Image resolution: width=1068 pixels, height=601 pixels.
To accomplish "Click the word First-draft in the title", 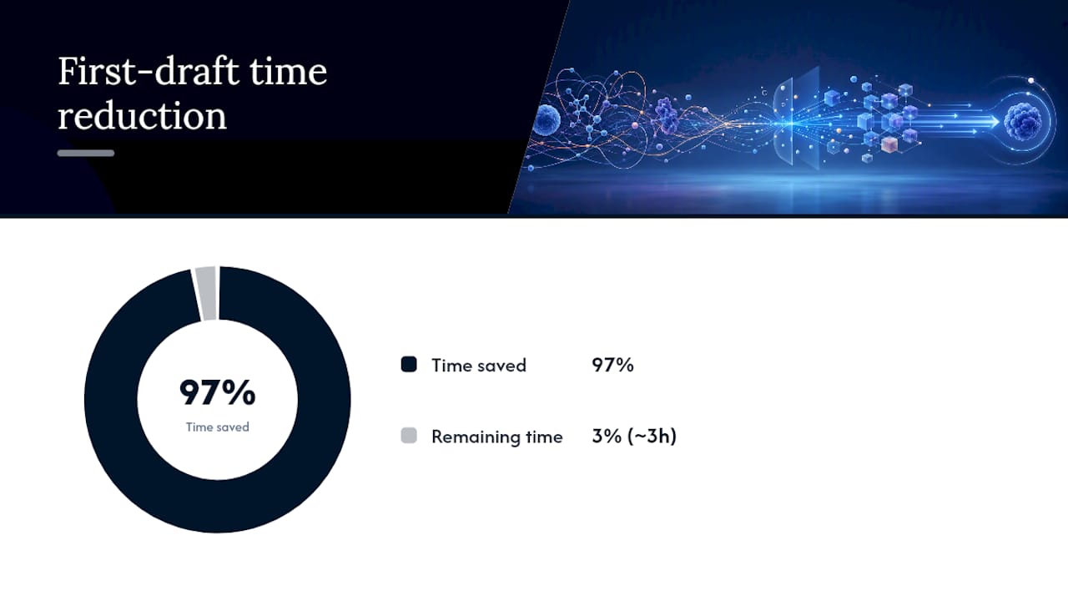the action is (149, 72).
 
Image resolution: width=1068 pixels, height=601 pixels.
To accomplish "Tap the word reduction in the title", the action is (142, 115).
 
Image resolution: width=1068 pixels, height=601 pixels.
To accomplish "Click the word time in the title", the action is (289, 72).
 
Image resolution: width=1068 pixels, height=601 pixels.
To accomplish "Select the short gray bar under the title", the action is (86, 153).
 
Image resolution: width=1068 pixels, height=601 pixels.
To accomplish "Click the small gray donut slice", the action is (206, 293).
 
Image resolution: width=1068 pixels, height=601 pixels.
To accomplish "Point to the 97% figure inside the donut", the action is (218, 392).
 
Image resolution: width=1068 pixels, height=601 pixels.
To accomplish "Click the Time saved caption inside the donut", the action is (218, 427).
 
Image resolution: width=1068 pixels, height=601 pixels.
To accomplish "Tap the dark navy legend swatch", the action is (409, 365).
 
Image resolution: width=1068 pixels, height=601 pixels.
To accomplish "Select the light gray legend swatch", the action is (409, 436).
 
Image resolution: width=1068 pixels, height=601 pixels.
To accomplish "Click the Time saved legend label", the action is (479, 366).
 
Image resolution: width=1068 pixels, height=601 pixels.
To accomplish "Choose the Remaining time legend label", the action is (496, 437).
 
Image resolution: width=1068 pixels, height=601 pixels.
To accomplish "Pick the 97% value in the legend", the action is (612, 365).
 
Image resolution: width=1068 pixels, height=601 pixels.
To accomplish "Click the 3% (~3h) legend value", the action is (634, 436).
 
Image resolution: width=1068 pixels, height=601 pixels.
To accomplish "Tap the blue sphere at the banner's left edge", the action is (547, 119).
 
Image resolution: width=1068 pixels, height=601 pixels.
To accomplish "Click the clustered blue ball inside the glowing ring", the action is (1023, 122).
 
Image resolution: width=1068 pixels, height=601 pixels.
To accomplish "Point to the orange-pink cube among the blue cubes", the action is (889, 144).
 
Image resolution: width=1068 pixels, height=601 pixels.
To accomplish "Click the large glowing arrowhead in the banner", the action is (993, 122).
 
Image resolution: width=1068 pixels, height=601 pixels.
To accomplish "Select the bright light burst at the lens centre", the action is (792, 124).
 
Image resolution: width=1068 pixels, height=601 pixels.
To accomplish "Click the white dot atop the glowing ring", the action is (1030, 81).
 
